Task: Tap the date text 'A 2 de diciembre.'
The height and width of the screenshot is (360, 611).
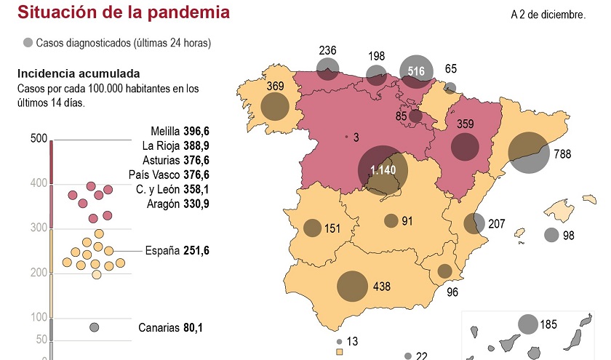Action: [x=548, y=15]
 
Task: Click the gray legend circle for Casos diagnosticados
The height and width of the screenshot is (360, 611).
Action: [x=28, y=43]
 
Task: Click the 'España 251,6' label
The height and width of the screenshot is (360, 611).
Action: [x=177, y=250]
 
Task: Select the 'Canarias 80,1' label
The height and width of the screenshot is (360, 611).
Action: [x=170, y=327]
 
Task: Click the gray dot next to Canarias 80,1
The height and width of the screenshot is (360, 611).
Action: [x=94, y=327]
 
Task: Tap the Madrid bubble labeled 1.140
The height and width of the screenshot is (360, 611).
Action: [x=383, y=170]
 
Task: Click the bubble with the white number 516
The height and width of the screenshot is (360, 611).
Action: [x=416, y=71]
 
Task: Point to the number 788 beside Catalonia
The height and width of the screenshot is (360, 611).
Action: [x=562, y=154]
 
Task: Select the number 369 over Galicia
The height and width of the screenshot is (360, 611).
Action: [x=275, y=86]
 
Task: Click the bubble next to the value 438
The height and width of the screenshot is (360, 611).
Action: [x=352, y=286]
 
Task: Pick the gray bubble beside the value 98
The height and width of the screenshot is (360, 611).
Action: [x=551, y=235]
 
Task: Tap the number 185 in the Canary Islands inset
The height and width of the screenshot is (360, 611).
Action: [x=549, y=325]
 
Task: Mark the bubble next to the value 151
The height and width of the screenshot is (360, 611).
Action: [x=312, y=228]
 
